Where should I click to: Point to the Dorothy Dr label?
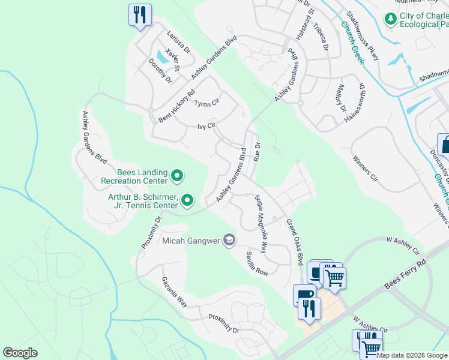pyautogui.click(x=160, y=71)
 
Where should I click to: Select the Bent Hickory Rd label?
pyautogui.click(x=177, y=107)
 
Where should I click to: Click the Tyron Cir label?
pyautogui.click(x=206, y=104)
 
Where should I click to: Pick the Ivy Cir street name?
pyautogui.click(x=206, y=127)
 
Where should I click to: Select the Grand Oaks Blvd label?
pyautogui.click(x=294, y=242)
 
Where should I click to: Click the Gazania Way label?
pyautogui.click(x=174, y=292)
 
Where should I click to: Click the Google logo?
pyautogui.click(x=20, y=353)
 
